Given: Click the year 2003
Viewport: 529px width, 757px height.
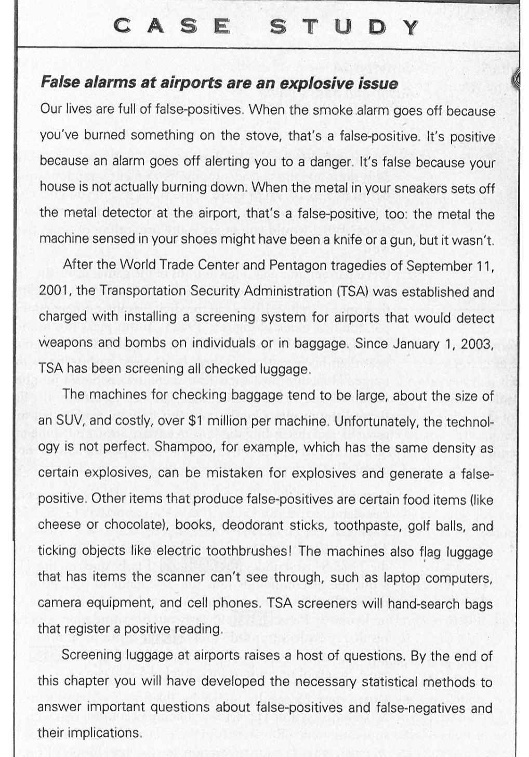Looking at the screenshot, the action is click(x=477, y=344).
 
